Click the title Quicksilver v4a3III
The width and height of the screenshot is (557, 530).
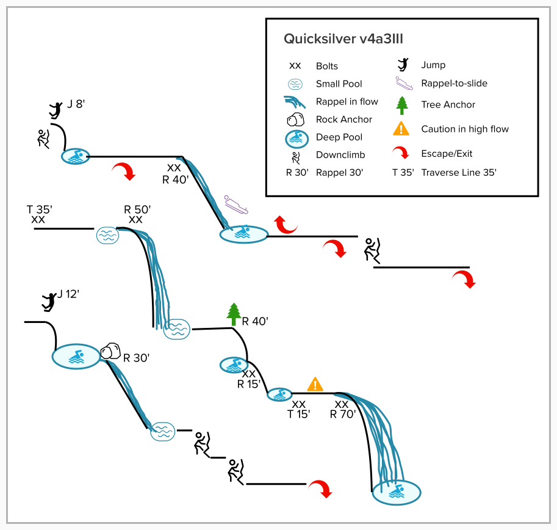[x=343, y=39]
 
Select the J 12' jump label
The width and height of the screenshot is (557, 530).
[x=69, y=294]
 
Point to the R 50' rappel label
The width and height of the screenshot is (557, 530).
[x=136, y=210]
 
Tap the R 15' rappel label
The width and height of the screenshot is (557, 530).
[x=249, y=384]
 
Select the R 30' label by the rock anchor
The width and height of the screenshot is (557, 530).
[x=137, y=358]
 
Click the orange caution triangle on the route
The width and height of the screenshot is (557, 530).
[x=315, y=384]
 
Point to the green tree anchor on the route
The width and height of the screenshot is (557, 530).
[x=234, y=314]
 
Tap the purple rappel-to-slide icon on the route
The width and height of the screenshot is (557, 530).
[x=237, y=205]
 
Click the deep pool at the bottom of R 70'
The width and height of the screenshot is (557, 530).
[x=397, y=492]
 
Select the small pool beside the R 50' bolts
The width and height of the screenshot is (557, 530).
[x=107, y=235]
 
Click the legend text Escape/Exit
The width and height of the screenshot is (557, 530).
[x=447, y=154]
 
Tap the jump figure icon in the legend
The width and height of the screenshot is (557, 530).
[x=402, y=65]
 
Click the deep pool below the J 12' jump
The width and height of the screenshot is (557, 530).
[x=76, y=357]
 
